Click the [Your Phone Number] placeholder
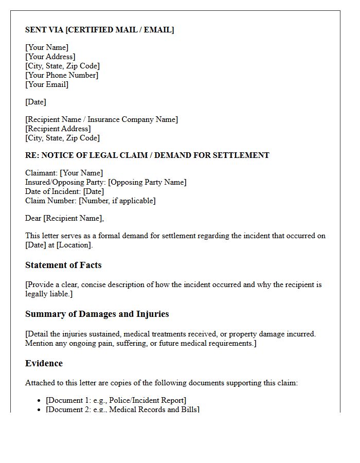pos(62,75)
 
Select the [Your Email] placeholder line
pos(47,84)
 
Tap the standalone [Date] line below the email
pos(35,102)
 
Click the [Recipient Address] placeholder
pos(58,129)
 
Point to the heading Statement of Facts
pos(63,265)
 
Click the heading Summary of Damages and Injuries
pos(97,314)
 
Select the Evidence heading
pos(44,363)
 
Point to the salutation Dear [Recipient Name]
pos(64,218)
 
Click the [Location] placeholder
pos(74,245)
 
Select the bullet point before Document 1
pos(40,401)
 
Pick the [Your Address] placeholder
pos(50,57)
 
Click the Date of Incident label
pos(52,191)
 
